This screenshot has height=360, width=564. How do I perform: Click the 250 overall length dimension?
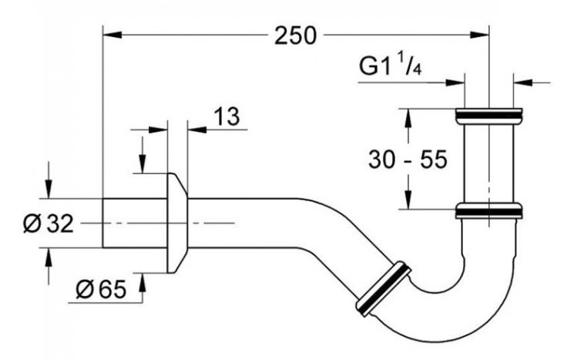click(x=295, y=35)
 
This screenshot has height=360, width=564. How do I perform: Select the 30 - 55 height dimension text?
click(x=408, y=159)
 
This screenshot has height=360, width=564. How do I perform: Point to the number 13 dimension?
click(x=227, y=116)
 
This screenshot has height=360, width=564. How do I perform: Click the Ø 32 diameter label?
click(x=49, y=224)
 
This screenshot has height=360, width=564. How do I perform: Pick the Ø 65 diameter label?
click(x=101, y=289)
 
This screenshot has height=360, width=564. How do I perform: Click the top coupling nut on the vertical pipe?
click(x=488, y=116)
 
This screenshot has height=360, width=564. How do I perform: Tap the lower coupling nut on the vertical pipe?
click(x=488, y=211)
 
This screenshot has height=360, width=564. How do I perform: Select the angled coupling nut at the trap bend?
click(x=383, y=289)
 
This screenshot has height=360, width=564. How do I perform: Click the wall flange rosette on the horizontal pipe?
click(x=177, y=224)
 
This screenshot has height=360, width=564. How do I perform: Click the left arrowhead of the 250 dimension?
click(x=112, y=35)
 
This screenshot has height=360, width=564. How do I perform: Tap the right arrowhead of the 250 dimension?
click(x=481, y=35)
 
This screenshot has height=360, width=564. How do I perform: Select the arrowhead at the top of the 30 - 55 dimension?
click(x=408, y=117)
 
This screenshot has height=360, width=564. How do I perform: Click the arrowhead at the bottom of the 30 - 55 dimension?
click(x=408, y=200)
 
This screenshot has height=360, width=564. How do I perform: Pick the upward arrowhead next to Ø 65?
click(x=143, y=282)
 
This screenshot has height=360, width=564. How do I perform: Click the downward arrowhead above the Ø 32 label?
click(x=49, y=190)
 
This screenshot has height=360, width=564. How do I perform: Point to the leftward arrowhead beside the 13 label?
click(x=196, y=130)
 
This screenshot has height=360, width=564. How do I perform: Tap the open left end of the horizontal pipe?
click(x=103, y=224)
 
